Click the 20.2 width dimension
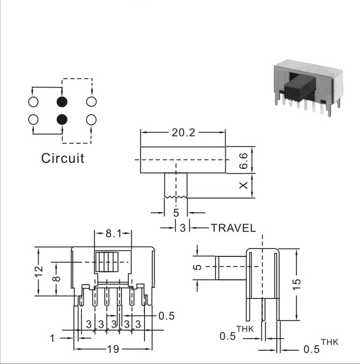click(x=183, y=133)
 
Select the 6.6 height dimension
click(x=243, y=160)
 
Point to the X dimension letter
click(x=243, y=185)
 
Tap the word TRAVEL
click(x=233, y=228)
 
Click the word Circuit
click(x=63, y=158)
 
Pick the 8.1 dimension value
click(x=114, y=233)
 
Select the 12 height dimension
click(x=39, y=271)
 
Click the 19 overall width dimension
click(x=113, y=349)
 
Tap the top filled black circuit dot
click(x=62, y=102)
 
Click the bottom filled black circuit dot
click(x=62, y=119)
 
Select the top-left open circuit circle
click(x=33, y=102)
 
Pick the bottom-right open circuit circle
click(x=91, y=119)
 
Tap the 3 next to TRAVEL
click(x=183, y=228)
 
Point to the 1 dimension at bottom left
click(x=52, y=339)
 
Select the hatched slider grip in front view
click(x=107, y=262)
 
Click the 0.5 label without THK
click(x=167, y=316)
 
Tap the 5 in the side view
click(x=197, y=267)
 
